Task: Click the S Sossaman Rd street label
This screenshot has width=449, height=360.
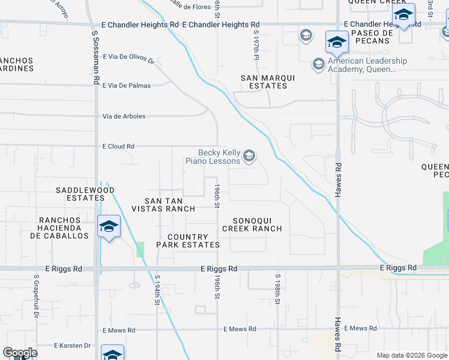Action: coord(95,58)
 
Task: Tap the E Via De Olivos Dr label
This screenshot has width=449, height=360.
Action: coord(129,58)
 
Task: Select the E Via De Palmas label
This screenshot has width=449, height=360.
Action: coord(127,86)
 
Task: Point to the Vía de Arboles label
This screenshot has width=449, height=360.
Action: coord(124,116)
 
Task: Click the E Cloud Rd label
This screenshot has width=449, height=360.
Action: coord(118,146)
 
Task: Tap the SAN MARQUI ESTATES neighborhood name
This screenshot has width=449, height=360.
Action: coord(264,82)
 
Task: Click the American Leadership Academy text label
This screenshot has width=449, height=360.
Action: coord(367,65)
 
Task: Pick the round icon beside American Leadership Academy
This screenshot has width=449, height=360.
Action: coord(318,64)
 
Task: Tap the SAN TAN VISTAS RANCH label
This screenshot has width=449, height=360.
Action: coord(171,205)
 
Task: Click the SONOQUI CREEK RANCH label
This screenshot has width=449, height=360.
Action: coord(252,224)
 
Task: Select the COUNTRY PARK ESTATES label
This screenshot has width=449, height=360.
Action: coord(188,241)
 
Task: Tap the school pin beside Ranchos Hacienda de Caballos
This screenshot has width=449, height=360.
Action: coord(109,227)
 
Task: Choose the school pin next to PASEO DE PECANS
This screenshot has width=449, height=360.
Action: coord(337,43)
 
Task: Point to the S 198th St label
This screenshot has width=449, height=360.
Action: coord(278,289)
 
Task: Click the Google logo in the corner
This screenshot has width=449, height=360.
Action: coord(20,353)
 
